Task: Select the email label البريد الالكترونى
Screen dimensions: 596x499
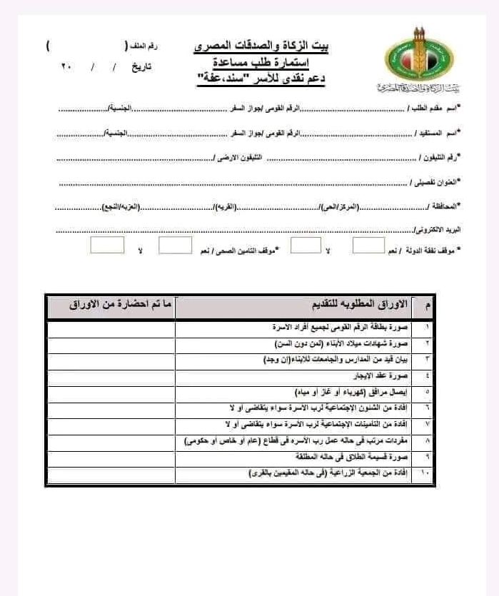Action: click(438, 230)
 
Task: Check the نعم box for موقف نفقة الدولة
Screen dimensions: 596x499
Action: click(368, 246)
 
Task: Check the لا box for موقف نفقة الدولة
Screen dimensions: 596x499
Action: click(306, 246)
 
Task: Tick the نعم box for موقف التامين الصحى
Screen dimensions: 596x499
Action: click(175, 246)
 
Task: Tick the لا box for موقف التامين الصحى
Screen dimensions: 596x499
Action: click(107, 246)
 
